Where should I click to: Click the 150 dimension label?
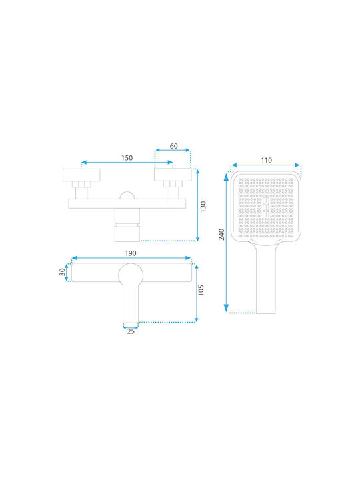127,157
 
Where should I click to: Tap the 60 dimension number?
173,146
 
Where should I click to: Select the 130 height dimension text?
203,206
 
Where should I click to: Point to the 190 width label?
131,253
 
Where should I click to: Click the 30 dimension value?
62,271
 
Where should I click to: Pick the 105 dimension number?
201,290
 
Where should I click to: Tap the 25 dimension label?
131,331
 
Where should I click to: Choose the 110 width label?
266,160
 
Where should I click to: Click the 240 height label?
221,234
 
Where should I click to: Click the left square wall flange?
81,175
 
